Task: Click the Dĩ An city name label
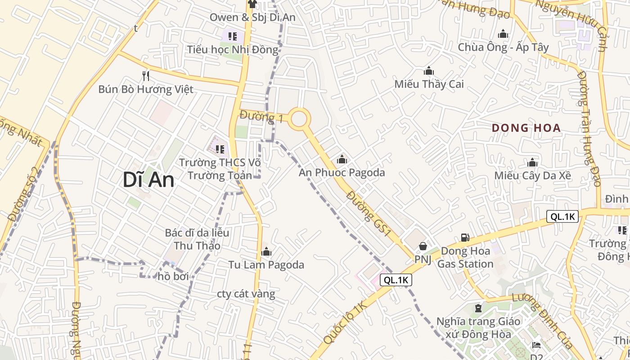[x=148, y=180]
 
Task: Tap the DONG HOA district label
[x=526, y=128]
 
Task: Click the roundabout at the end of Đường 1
[x=299, y=119]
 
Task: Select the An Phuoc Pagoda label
[x=342, y=172]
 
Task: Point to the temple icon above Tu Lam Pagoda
[x=266, y=252]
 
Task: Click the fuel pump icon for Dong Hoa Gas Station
[x=465, y=237]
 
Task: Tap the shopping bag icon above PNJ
[x=423, y=246]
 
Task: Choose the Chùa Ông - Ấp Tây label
[x=503, y=47]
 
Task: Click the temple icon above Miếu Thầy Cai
[x=429, y=71]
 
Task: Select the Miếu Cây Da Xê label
[x=533, y=175]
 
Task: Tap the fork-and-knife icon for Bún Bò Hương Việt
[x=145, y=76]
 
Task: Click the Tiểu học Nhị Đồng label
[x=233, y=49]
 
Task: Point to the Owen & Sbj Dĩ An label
[x=252, y=18]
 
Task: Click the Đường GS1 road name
[x=369, y=213]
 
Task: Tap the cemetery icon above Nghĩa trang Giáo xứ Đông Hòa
[x=478, y=308]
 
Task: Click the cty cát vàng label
[x=246, y=294]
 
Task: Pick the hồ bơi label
[x=173, y=276]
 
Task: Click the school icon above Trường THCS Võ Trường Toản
[x=220, y=148]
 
